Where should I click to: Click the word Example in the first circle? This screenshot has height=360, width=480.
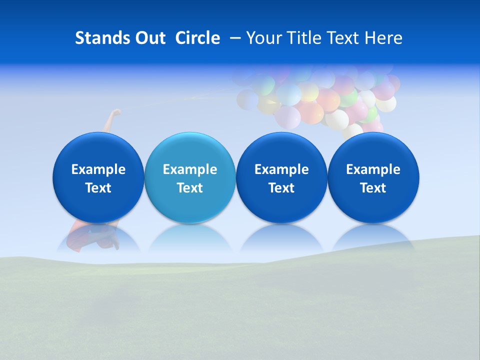coord(98,169)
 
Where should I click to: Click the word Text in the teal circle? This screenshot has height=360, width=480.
coord(189,188)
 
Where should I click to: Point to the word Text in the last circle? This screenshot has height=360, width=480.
coord(373,188)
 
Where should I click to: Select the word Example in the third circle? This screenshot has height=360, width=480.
coord(281,169)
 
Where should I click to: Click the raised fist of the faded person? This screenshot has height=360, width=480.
coord(116,112)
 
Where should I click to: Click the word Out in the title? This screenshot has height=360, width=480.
coord(148,38)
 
